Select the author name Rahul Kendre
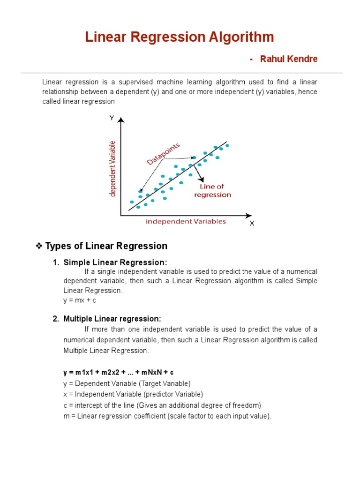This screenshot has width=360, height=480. [289, 59]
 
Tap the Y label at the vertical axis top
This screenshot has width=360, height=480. [112, 118]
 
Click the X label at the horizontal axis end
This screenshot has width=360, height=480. [252, 224]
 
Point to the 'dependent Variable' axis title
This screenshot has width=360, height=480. [112, 169]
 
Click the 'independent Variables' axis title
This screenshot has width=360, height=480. [186, 221]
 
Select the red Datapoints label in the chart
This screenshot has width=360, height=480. [163, 154]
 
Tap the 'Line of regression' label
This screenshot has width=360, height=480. [212, 190]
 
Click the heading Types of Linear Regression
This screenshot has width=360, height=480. [106, 246]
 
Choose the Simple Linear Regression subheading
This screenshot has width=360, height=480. [115, 262]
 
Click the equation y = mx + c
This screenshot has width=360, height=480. [80, 300]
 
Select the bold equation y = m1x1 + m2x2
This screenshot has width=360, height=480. [119, 372]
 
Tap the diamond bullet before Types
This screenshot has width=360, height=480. [39, 246]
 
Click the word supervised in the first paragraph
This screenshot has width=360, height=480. [130, 82]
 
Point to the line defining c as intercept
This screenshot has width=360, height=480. [162, 405]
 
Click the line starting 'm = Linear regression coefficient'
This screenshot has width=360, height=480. [167, 416]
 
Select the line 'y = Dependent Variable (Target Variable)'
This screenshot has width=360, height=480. [127, 383]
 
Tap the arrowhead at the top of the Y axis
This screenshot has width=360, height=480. [121, 120]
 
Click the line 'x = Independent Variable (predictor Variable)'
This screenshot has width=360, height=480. [133, 394]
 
